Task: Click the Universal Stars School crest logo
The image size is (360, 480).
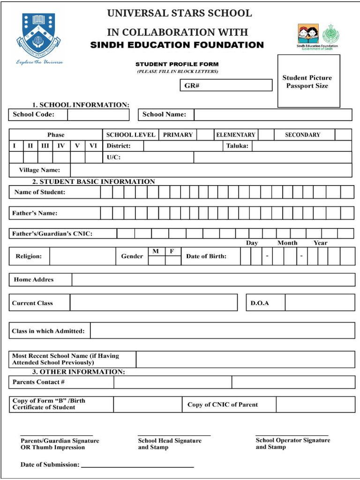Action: tap(38, 35)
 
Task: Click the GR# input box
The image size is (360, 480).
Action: tap(226, 85)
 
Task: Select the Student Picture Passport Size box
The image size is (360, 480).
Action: tap(308, 81)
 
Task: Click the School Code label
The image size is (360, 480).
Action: tap(33, 114)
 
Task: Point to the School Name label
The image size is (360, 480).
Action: tap(164, 114)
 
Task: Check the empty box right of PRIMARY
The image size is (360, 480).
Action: tap(204, 135)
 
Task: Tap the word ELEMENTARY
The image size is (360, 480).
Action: tap(235, 135)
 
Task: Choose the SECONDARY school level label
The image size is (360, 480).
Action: tap(302, 135)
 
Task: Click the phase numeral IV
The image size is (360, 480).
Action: tap(61, 146)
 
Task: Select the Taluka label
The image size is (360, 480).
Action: tap(237, 146)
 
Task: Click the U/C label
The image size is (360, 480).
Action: tap(113, 157)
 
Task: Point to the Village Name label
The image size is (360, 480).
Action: tap(39, 170)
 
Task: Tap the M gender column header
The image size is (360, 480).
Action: tap(156, 252)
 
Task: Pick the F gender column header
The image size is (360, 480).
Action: tap(172, 252)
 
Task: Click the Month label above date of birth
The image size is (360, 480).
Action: tap(287, 243)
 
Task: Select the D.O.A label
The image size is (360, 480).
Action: tap(260, 303)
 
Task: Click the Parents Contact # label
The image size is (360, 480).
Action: tap(38, 382)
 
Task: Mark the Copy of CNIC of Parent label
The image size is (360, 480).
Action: tap(223, 405)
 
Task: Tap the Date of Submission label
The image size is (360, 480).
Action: tap(50, 465)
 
